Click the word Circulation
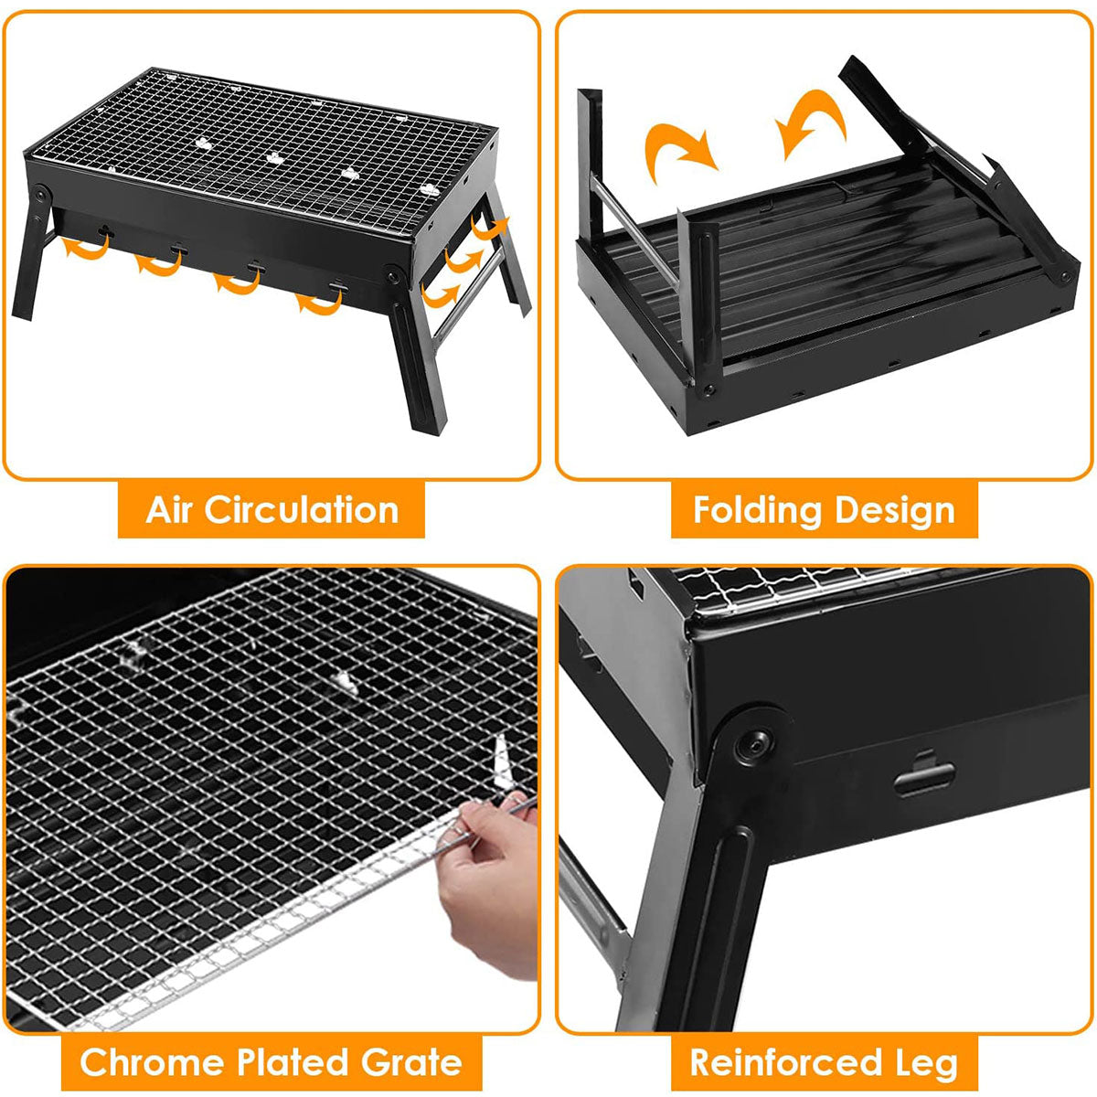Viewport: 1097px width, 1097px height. click(301, 509)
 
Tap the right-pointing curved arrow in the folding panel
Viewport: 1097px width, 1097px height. click(678, 149)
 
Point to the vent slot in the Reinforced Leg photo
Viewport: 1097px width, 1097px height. click(924, 776)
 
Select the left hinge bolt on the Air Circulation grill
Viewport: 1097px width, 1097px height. click(41, 194)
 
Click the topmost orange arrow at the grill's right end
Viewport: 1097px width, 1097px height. click(491, 227)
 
